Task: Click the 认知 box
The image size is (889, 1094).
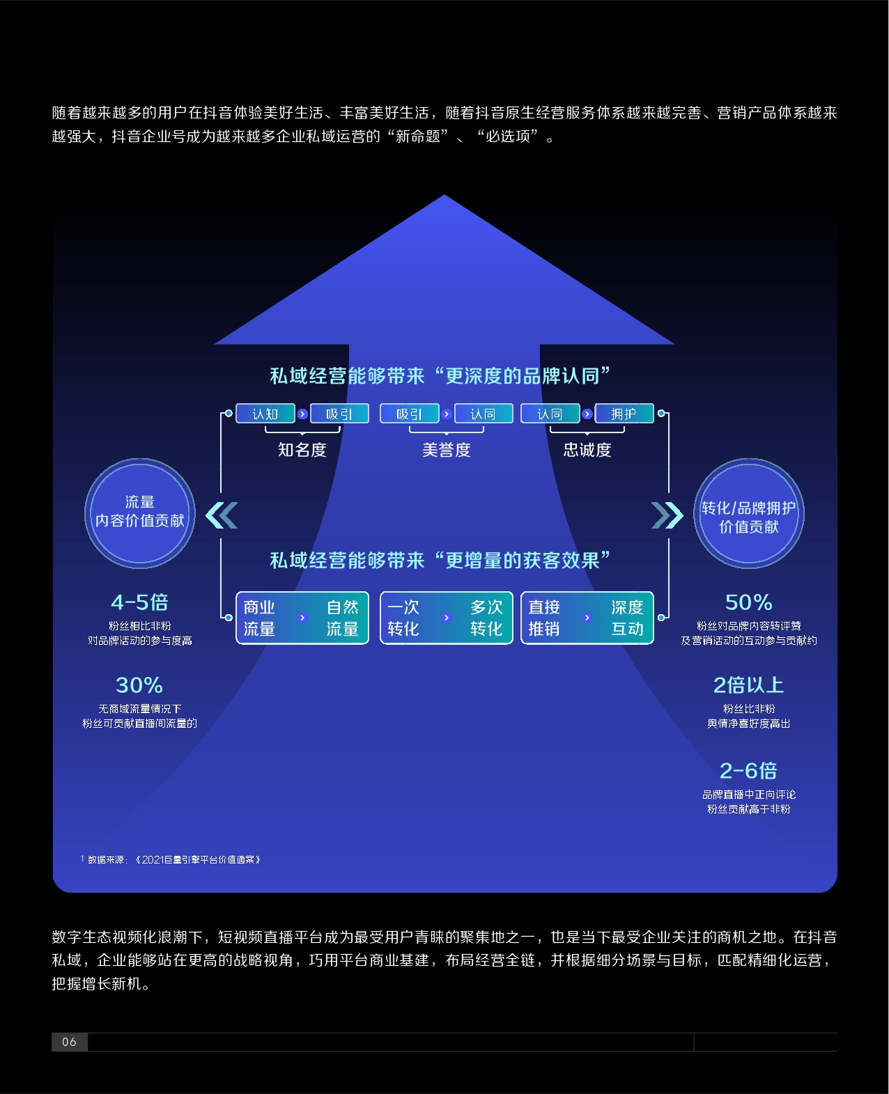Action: pyautogui.click(x=265, y=414)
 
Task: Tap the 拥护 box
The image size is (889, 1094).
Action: pyautogui.click(x=624, y=414)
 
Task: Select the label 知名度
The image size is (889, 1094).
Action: pyautogui.click(x=302, y=450)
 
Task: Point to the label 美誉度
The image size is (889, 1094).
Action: pyautogui.click(x=446, y=450)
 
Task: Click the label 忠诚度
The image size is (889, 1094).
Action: pyautogui.click(x=587, y=450)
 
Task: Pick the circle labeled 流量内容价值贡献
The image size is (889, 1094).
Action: pyautogui.click(x=140, y=513)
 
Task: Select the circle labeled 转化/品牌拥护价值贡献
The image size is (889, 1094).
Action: pyautogui.click(x=749, y=513)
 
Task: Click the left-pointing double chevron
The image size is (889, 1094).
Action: pyautogui.click(x=222, y=515)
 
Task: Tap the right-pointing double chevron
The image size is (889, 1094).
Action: pyautogui.click(x=667, y=515)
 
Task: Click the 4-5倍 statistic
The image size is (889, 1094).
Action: pyautogui.click(x=140, y=602)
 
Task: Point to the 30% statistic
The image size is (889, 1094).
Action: pyautogui.click(x=139, y=685)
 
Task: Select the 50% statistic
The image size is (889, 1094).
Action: pyautogui.click(x=749, y=602)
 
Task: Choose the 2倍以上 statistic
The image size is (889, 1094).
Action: pyautogui.click(x=749, y=685)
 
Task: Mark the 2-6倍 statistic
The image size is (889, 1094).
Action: pyautogui.click(x=749, y=770)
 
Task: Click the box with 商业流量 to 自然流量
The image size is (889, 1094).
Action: pyautogui.click(x=302, y=618)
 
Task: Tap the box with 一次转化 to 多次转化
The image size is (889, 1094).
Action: pyautogui.click(x=446, y=618)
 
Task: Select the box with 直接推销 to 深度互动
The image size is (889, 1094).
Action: pyautogui.click(x=587, y=618)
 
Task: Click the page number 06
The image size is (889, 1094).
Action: pyautogui.click(x=70, y=1042)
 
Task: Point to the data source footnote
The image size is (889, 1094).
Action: pyautogui.click(x=171, y=859)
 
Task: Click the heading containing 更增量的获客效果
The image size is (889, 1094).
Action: pyautogui.click(x=440, y=561)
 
